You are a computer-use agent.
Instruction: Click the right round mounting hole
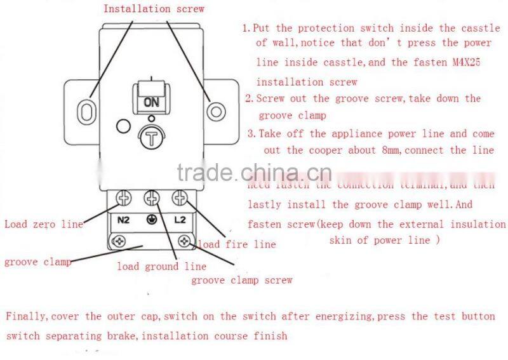click(217, 112)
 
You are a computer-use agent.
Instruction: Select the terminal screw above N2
click(123, 201)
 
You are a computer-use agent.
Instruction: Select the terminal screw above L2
click(180, 200)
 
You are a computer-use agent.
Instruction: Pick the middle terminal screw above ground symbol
click(151, 200)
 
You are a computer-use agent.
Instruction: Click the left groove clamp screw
click(117, 241)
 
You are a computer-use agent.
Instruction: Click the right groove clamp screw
click(185, 241)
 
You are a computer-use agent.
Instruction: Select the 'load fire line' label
click(237, 244)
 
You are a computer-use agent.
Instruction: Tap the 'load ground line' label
click(161, 266)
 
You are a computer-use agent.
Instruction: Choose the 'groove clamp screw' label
click(242, 279)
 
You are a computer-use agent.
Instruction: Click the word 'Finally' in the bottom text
click(27, 316)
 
